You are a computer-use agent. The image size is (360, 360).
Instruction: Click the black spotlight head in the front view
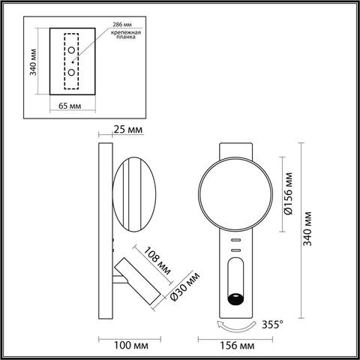pyautogui.click(x=236, y=298)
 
